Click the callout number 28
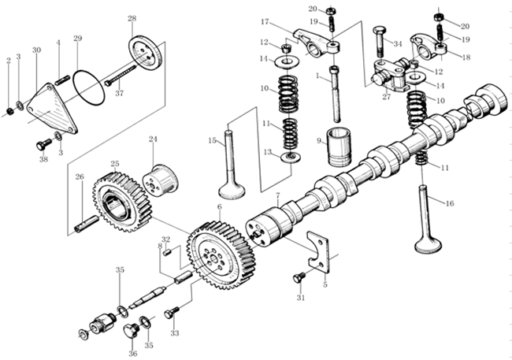pos(132,18)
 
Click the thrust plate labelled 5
pos(319,251)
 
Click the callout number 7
pos(277,195)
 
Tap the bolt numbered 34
pos(380,35)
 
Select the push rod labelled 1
pos(336,91)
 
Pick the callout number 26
pos(79,176)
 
